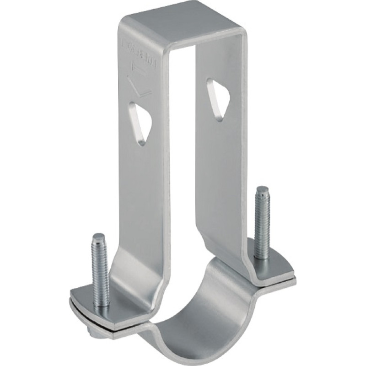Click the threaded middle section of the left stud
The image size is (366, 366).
tap(101, 270)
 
